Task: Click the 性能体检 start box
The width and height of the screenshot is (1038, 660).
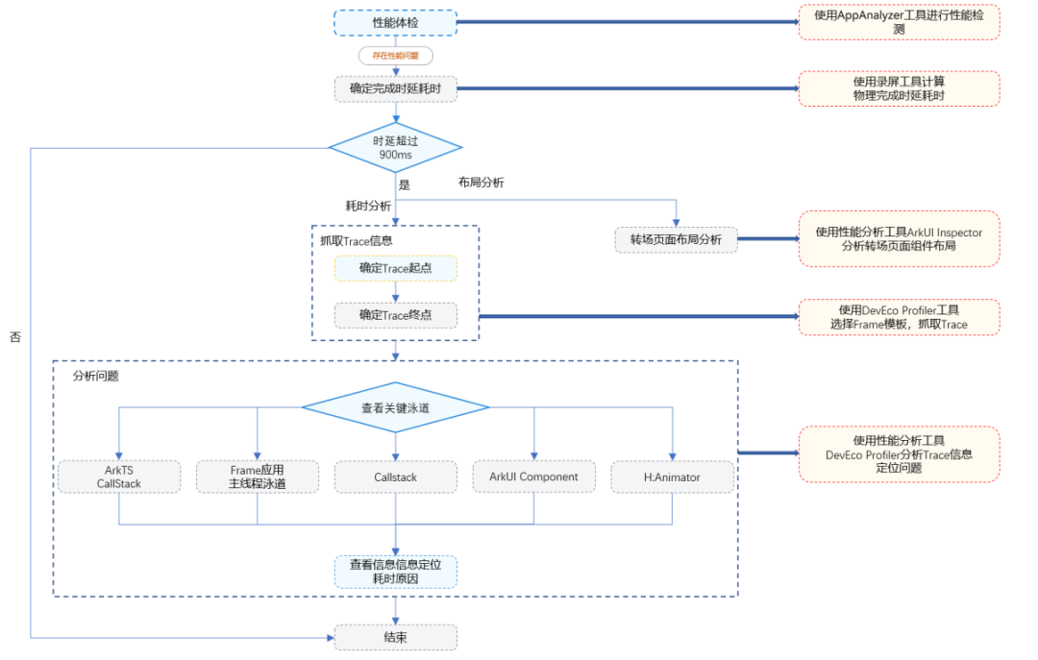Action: click(395, 22)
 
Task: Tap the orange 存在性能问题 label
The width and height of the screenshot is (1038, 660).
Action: click(395, 56)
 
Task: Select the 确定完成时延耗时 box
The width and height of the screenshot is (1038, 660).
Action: click(395, 89)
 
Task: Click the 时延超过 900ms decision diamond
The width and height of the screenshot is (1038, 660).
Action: click(395, 148)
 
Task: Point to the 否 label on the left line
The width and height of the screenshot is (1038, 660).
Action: click(15, 338)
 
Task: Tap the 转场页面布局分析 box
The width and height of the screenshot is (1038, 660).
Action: click(677, 239)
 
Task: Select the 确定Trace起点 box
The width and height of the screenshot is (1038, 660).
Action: click(395, 268)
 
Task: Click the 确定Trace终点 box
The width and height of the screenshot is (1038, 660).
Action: click(395, 315)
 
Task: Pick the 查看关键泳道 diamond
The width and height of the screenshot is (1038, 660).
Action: click(395, 407)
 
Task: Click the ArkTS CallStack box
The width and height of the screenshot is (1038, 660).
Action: click(119, 477)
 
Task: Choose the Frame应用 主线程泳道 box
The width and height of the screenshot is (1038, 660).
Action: click(257, 477)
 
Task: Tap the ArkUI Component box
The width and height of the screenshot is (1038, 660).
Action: click(533, 477)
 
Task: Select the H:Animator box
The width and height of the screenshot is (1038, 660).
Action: click(672, 477)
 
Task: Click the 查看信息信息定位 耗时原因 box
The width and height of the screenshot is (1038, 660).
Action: click(395, 572)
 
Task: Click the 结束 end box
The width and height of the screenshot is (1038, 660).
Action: click(395, 637)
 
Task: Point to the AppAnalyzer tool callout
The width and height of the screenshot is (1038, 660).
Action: click(899, 22)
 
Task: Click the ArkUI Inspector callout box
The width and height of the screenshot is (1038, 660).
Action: click(899, 239)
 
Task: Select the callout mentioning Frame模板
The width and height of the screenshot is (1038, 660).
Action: click(899, 317)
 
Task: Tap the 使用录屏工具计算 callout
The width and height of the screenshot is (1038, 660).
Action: click(899, 88)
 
